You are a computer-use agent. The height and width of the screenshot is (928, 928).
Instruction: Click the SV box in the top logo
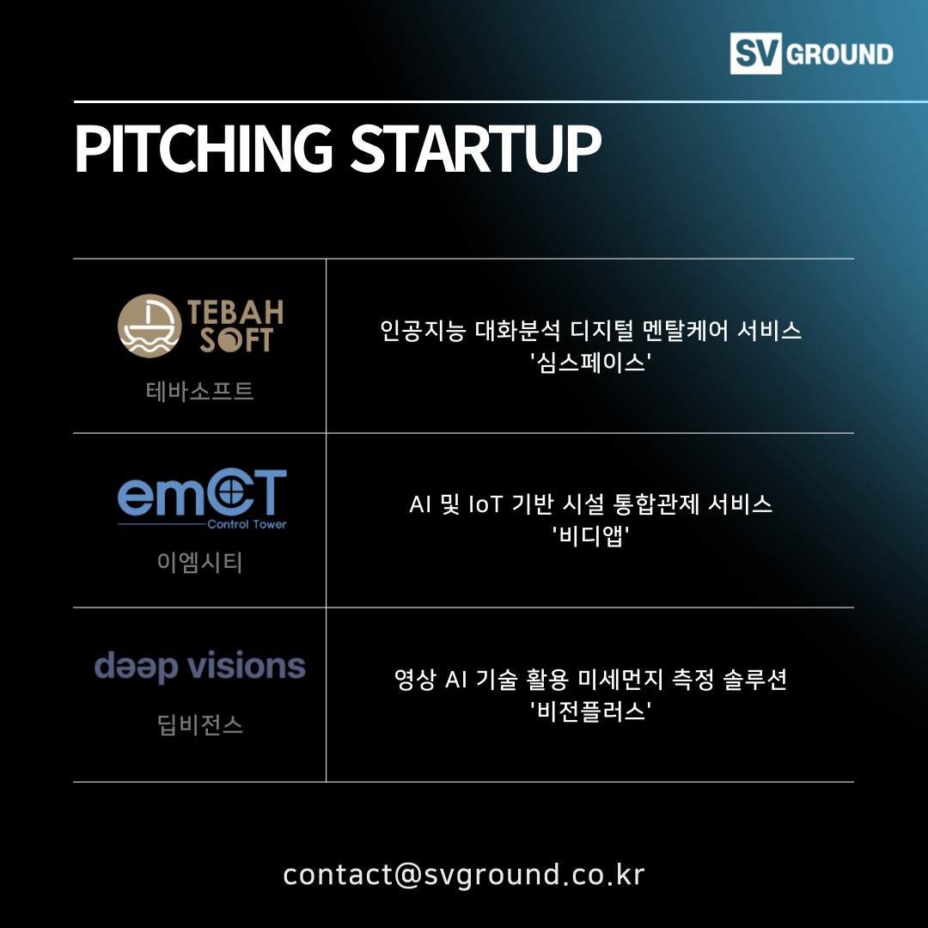756,53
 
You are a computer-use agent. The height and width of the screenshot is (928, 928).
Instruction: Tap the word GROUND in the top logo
839,54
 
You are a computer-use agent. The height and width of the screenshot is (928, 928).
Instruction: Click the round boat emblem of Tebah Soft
150,326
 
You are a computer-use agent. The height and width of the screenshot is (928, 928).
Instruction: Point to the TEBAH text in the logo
235,312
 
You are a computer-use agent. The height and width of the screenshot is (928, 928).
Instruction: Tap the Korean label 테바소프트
200,391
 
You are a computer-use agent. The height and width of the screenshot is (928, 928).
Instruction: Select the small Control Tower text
247,524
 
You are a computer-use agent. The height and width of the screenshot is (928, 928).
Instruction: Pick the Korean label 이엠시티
200,562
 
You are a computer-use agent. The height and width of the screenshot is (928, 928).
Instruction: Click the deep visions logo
200,667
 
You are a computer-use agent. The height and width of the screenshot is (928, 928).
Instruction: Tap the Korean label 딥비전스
200,725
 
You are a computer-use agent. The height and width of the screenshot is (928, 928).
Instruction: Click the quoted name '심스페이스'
590,363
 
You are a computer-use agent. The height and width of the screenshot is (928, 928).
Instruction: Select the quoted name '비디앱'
590,536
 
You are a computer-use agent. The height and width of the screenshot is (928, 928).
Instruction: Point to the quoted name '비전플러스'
590,711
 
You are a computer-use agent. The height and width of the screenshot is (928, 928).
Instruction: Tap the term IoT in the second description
485,505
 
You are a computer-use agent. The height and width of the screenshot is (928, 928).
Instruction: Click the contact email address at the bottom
464,875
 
